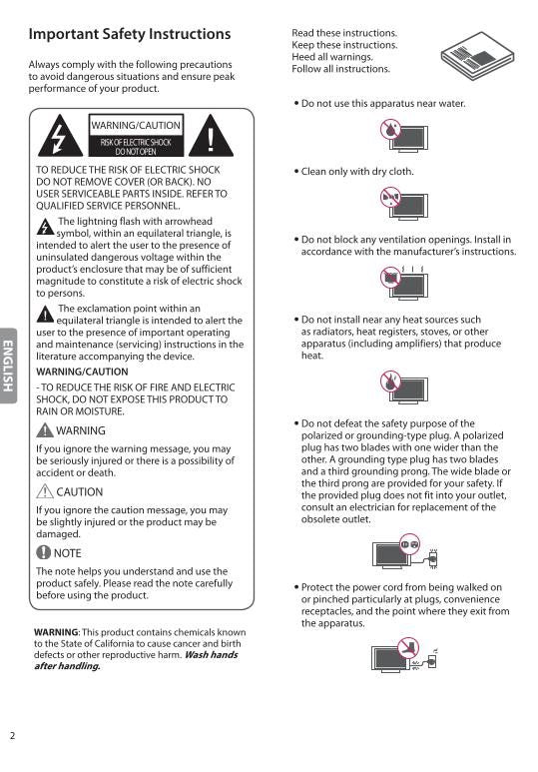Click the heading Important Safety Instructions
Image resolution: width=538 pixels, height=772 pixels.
tap(130, 35)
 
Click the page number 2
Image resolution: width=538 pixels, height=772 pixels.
tap(13, 736)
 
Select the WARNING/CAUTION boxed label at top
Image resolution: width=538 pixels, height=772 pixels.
tap(137, 126)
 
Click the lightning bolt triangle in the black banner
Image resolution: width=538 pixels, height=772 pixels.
tap(61, 137)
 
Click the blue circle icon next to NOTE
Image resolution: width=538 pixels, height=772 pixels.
tap(44, 552)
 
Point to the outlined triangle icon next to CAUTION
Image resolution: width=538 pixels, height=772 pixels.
tap(44, 491)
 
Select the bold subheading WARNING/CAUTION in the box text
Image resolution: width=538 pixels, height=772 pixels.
tap(82, 372)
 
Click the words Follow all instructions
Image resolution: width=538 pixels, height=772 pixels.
tap(340, 69)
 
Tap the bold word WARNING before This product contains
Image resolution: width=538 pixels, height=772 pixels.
tap(56, 632)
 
